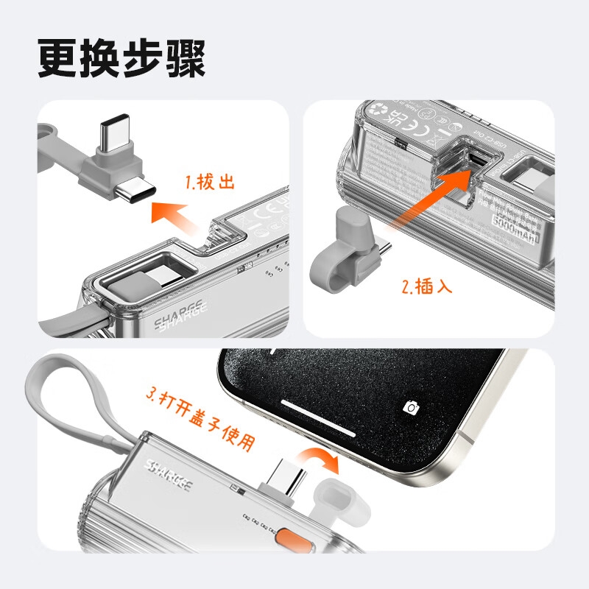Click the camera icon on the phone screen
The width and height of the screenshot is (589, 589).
(x=412, y=407)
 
